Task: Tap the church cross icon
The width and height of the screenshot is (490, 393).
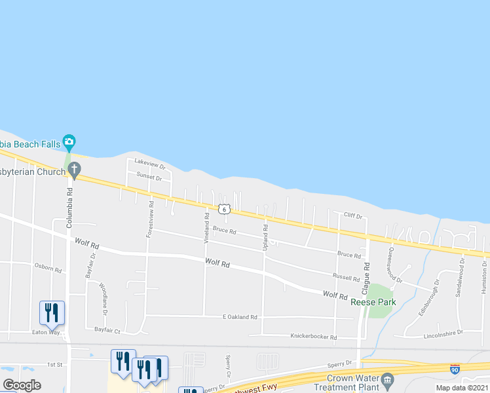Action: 74,171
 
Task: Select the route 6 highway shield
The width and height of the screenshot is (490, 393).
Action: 224,209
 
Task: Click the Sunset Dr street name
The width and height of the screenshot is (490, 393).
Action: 149,176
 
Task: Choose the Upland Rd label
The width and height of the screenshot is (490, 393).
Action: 266,236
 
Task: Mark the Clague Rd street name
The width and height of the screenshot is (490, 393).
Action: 367,276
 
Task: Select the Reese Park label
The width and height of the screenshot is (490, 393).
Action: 373,302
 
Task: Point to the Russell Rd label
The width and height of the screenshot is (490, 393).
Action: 346,278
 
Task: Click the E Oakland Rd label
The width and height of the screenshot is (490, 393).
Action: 240,317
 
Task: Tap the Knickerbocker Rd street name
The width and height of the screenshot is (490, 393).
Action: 313,337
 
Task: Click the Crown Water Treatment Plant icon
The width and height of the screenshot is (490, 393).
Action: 388,379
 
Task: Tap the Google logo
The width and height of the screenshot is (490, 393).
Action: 22,385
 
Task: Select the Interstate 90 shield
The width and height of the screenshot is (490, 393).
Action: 455,370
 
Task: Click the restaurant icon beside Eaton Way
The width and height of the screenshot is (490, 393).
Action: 52,312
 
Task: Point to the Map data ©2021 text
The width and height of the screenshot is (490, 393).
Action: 462,388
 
